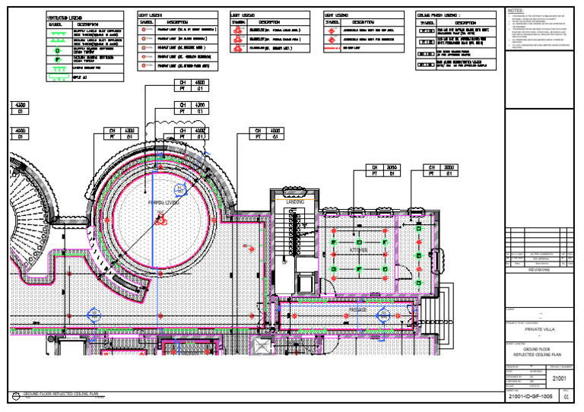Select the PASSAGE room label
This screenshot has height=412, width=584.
358,310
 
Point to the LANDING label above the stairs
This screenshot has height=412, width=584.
295,201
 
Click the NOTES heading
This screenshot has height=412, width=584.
516,11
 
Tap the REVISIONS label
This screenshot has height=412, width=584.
538,269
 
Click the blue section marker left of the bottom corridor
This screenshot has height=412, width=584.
94,313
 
